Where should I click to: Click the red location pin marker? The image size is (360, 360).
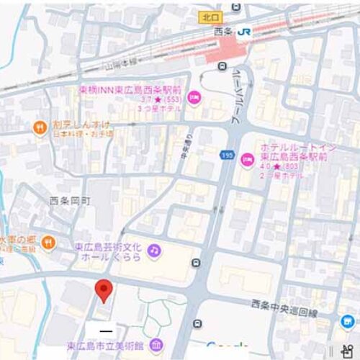tap(104, 289)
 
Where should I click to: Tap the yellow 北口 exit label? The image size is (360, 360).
tap(210, 16)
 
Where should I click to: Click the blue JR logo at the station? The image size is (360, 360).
tap(244, 31)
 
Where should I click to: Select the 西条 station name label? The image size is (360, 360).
tap(224, 31)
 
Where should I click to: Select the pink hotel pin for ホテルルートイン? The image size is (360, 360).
tap(246, 158)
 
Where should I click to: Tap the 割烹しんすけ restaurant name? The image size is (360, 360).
tap(77, 125)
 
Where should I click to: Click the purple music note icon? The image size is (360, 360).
tap(153, 250)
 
